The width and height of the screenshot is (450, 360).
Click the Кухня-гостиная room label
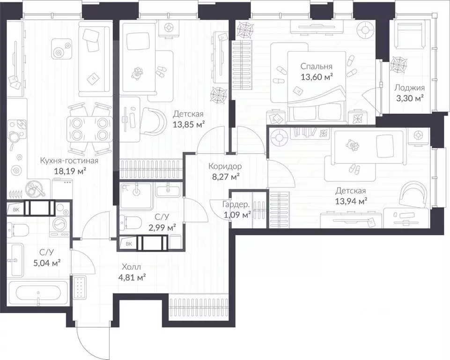[69, 161]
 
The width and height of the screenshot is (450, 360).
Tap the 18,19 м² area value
[70, 172]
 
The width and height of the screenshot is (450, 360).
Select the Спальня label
[316, 67]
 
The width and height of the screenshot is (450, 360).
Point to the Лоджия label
[410, 88]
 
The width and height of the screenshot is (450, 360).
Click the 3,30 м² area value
[410, 98]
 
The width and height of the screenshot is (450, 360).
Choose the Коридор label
[225, 166]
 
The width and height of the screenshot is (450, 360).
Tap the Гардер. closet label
[236, 204]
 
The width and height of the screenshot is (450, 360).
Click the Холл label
[131, 267]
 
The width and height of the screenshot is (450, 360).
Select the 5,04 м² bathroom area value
[47, 263]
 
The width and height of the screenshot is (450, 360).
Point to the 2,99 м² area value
[162, 228]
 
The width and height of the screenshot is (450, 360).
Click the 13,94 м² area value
[351, 202]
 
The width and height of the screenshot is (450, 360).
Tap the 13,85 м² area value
[189, 125]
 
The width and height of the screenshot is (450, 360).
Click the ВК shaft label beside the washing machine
[16, 210]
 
